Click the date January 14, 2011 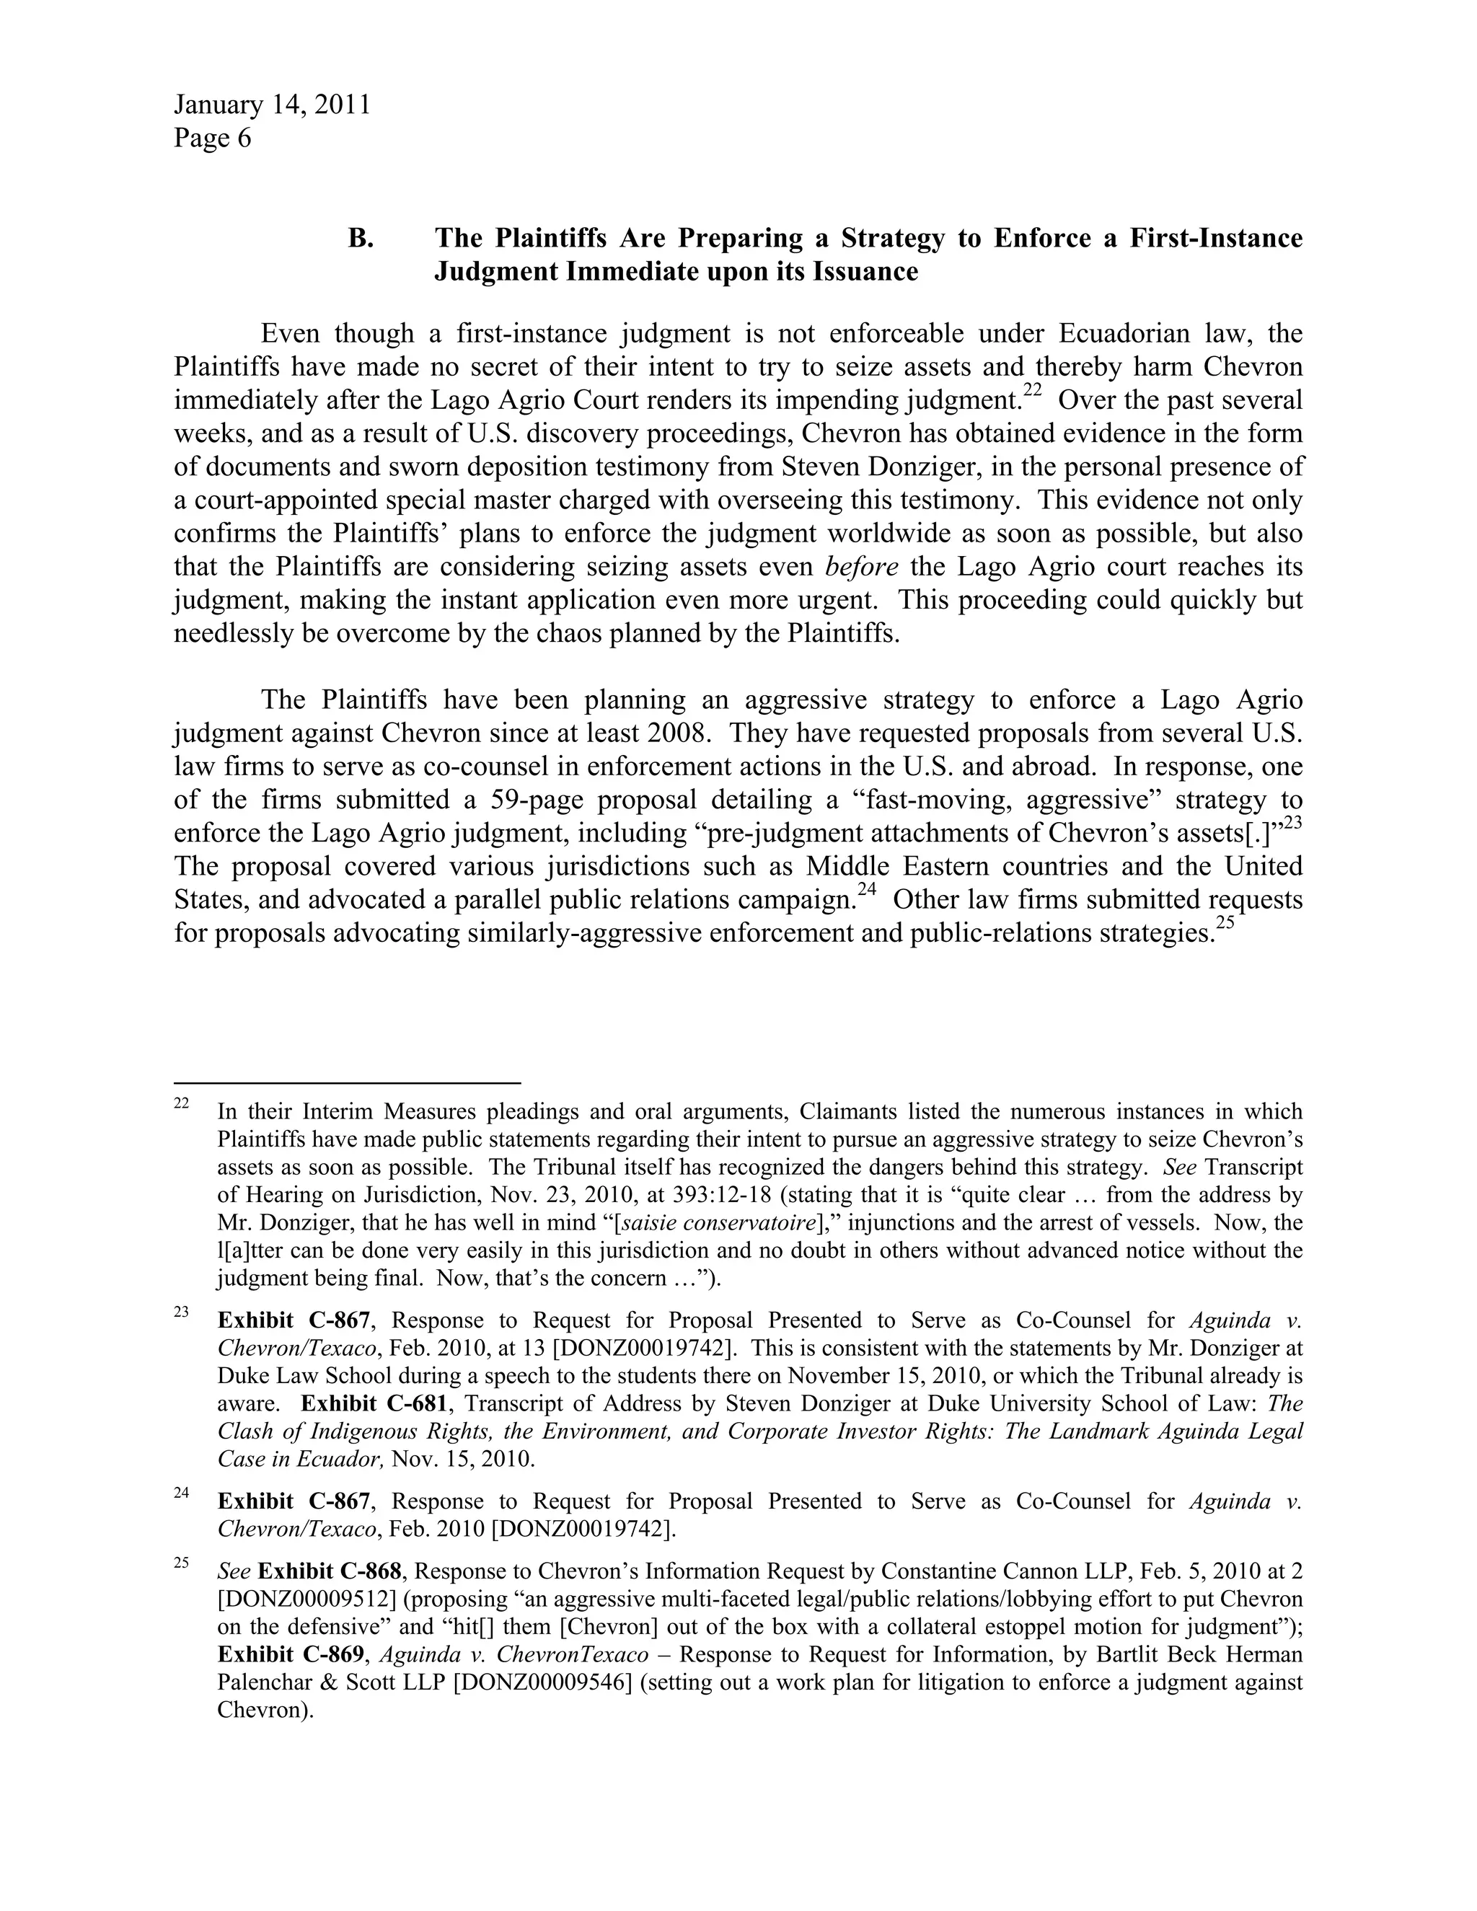271,105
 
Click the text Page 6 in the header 212,138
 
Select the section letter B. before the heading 361,238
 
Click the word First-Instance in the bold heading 1215,238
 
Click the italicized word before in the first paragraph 861,567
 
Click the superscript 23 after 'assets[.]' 1293,824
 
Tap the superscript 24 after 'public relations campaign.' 866,890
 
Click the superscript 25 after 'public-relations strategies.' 1224,923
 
